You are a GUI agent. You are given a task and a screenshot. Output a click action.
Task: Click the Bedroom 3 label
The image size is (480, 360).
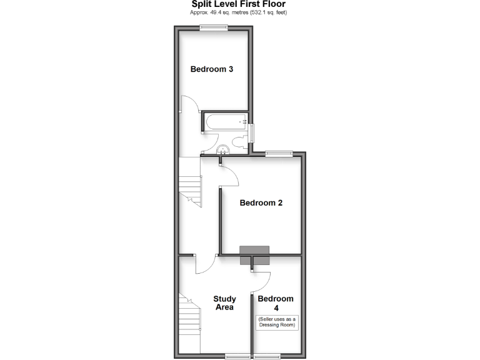pyautogui.click(x=212, y=69)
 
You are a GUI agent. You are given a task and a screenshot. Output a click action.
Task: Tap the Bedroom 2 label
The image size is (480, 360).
pyautogui.click(x=261, y=202)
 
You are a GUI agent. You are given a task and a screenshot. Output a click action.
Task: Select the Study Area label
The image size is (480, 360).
pyautogui.click(x=224, y=303)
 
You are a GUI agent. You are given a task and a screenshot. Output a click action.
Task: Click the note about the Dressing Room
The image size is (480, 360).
pyautogui.click(x=275, y=322)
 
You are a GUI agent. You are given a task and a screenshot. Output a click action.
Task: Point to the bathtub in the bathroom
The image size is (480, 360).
pyautogui.click(x=225, y=122)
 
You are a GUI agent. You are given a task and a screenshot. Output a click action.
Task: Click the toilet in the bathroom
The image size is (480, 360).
pyautogui.click(x=237, y=141)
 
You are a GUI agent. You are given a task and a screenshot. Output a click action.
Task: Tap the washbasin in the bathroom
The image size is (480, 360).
pyautogui.click(x=223, y=150)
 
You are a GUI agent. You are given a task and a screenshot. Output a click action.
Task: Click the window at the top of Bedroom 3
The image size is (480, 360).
pyautogui.click(x=213, y=26)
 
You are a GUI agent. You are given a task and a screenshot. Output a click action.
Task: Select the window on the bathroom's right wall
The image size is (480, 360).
pyautogui.click(x=251, y=132)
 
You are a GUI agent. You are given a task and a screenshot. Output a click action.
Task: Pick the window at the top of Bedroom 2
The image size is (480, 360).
pyautogui.click(x=279, y=152)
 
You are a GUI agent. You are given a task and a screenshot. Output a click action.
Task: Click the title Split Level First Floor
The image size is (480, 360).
pyautogui.click(x=238, y=4)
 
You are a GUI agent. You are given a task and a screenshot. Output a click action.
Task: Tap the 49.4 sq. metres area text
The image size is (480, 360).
pyautogui.click(x=238, y=12)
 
